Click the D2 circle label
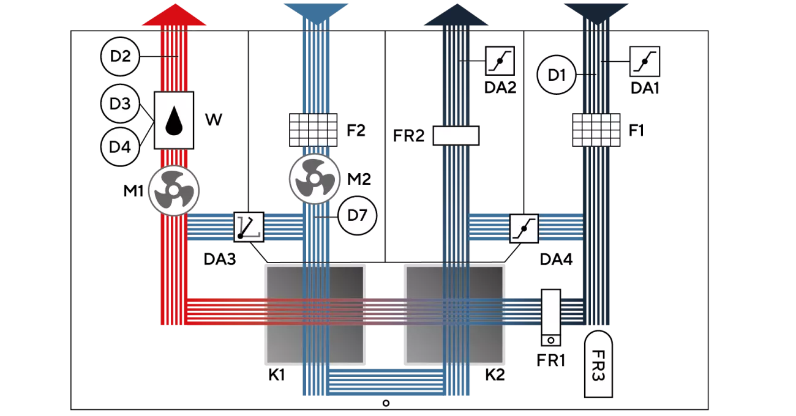coord(120,57)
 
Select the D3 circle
coord(120,103)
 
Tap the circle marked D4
coord(120,147)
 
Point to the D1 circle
coord(557,76)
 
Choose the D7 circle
coord(356,215)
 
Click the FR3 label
coord(598,364)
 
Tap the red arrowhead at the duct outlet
coord(175,16)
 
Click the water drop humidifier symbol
coord(175,121)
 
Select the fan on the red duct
coord(174,190)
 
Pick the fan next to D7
coord(314,178)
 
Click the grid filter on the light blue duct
coord(313,130)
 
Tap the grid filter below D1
coord(596,130)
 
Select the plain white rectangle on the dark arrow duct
coord(455,135)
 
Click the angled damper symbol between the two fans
coord(249,227)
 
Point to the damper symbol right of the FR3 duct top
coord(645,61)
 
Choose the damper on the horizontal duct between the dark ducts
coord(525,228)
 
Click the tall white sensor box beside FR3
coord(551,318)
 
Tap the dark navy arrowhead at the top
coord(456,15)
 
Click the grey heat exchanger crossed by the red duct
coord(314,314)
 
